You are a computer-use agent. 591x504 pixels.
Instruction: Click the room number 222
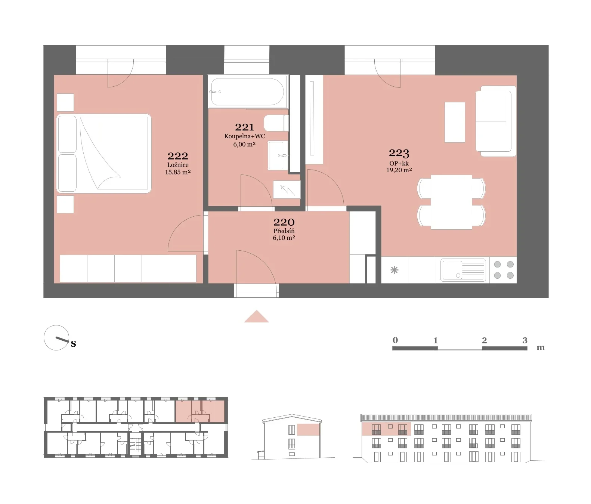click(178, 156)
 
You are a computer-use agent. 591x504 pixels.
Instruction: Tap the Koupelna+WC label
click(244, 136)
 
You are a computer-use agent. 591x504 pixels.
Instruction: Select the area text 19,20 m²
click(399, 170)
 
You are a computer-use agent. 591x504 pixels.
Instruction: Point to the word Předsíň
click(284, 231)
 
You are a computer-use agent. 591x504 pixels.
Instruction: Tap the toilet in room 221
click(276, 123)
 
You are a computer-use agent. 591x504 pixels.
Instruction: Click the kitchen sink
click(463, 270)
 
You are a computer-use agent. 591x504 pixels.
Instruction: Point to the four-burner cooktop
click(504, 270)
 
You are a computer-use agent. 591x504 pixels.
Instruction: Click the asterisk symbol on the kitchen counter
click(394, 270)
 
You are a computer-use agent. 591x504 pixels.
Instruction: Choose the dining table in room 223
click(451, 202)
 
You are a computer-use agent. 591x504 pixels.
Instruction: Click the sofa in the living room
click(496, 121)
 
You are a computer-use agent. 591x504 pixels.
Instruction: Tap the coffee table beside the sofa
click(455, 122)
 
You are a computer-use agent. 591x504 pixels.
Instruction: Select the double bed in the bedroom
click(104, 154)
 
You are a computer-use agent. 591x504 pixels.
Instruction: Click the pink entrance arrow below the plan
click(256, 316)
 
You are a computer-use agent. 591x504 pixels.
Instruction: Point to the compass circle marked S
click(56, 338)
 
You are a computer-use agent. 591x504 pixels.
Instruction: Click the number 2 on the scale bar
click(484, 340)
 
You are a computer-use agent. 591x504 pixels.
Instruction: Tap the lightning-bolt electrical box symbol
click(287, 189)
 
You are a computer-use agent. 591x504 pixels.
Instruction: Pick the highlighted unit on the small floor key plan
click(200, 411)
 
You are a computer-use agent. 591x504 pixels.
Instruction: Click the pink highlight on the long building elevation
click(386, 429)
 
